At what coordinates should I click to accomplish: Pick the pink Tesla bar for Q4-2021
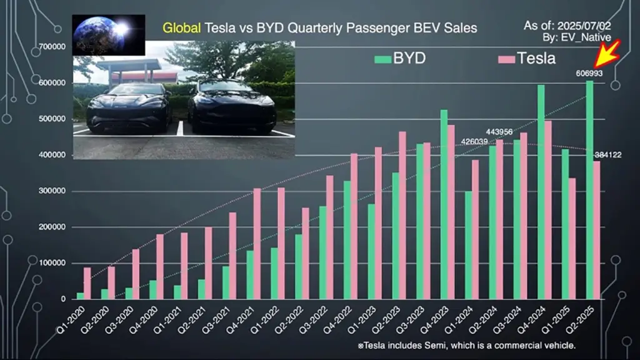click(x=257, y=243)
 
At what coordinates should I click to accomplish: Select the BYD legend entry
click(x=400, y=59)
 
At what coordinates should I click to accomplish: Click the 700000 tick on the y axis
click(x=54, y=47)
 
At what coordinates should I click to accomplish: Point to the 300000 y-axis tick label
click(x=54, y=191)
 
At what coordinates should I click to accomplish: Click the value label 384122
click(x=607, y=155)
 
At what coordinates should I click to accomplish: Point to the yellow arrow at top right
click(x=607, y=55)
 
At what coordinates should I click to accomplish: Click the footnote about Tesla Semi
click(x=466, y=346)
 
